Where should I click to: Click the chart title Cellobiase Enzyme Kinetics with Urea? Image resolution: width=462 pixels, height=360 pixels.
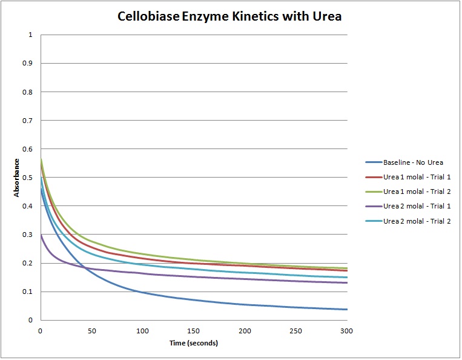[x=229, y=16]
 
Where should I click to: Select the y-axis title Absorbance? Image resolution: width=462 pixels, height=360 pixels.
[x=18, y=178]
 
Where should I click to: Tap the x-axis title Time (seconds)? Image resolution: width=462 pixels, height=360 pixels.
[x=193, y=343]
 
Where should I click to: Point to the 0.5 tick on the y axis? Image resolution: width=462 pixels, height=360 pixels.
[x=28, y=178]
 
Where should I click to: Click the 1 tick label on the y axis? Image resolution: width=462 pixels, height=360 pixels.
[x=30, y=35]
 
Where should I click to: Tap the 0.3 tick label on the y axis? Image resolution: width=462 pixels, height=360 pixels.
[x=28, y=235]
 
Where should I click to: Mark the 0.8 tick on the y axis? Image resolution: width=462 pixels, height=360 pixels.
[x=28, y=92]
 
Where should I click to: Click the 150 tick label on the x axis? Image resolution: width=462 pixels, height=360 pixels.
[x=193, y=330]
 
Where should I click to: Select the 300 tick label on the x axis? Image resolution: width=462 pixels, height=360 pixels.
[x=347, y=330]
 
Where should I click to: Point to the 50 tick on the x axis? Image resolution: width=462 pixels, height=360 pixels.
[x=91, y=330]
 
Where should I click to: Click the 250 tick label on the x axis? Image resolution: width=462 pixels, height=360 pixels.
[x=295, y=330]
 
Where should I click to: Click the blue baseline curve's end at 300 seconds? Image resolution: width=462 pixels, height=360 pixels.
[x=347, y=309]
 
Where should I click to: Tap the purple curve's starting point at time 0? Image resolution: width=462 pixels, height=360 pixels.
[x=40, y=235]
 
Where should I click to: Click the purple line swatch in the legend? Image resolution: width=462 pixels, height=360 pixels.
[x=373, y=206]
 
